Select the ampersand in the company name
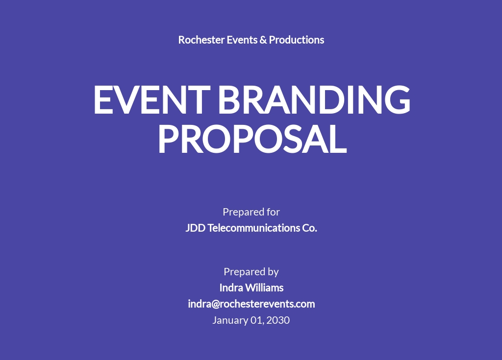(263, 40)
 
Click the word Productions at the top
(297, 40)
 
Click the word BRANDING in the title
(314, 99)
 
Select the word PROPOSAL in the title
(251, 139)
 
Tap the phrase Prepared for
(251, 212)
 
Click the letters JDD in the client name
(195, 228)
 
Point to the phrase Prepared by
(251, 272)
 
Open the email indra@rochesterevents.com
(251, 304)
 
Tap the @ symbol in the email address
(216, 304)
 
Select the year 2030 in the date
(278, 320)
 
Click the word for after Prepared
(273, 212)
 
